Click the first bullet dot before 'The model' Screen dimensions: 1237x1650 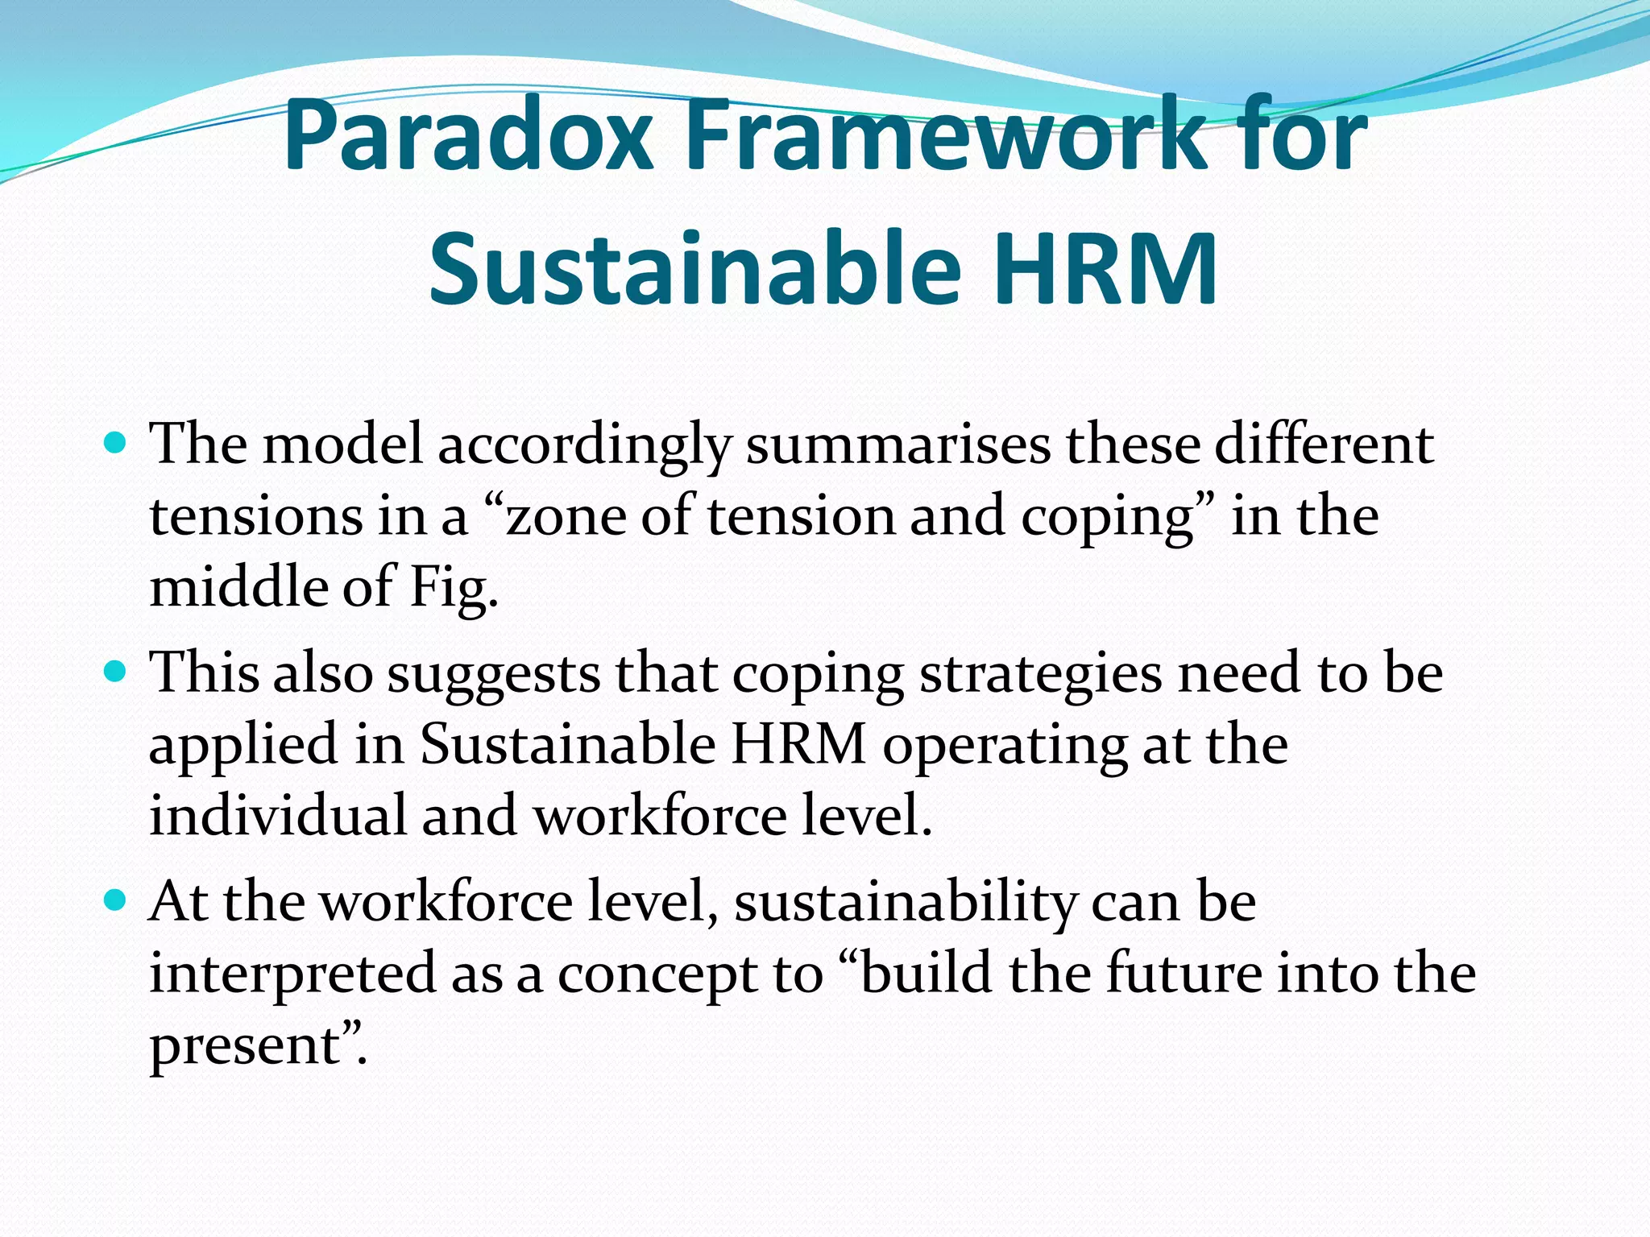(x=116, y=443)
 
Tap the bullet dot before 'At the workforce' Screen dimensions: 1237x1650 (x=116, y=900)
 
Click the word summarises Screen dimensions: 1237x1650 (x=898, y=445)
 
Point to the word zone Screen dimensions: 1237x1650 (x=564, y=517)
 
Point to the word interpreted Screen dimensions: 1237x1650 (x=292, y=975)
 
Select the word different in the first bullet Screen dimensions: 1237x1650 (x=1324, y=445)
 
